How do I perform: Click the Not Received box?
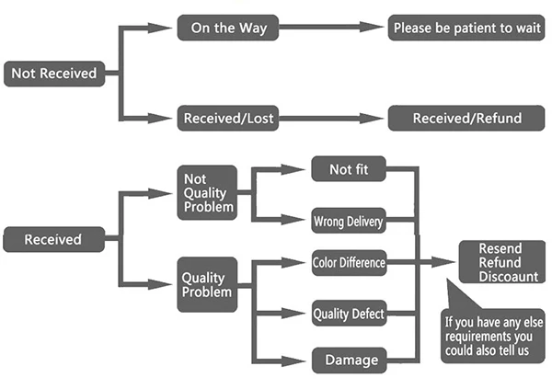[54, 74]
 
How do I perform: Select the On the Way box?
[228, 28]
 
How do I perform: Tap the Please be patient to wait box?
[466, 28]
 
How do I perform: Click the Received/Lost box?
[228, 118]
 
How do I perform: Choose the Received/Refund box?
[466, 118]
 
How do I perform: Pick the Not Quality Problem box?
[207, 192]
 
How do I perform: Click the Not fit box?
[349, 169]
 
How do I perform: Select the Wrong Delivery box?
[349, 221]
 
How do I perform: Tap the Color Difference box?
[349, 263]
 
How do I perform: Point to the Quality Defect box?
[349, 313]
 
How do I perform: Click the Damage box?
[350, 360]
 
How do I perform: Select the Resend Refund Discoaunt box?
[502, 262]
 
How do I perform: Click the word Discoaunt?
[509, 277]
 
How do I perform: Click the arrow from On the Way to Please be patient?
[331, 27]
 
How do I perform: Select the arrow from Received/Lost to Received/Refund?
[331, 119]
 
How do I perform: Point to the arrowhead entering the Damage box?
[293, 360]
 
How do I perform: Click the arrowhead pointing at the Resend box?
[443, 262]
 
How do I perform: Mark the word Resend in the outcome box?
[500, 248]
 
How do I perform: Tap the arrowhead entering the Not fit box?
[293, 169]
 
